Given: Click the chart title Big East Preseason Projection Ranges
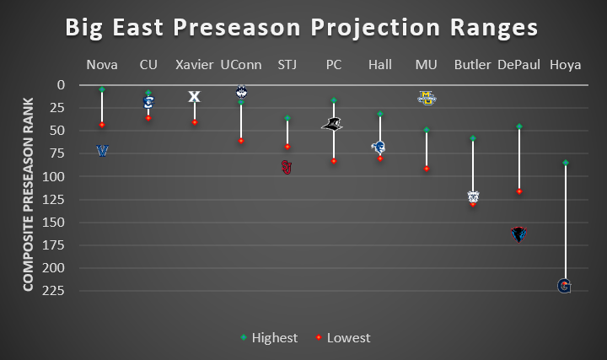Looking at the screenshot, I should (302, 28).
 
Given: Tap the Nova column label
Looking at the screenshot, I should (102, 65).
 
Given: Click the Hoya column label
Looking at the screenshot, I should (565, 65).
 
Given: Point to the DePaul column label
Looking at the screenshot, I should (518, 65).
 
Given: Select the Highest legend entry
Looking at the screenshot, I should (268, 337).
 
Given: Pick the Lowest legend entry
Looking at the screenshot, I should (343, 337).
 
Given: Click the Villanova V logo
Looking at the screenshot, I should (103, 151).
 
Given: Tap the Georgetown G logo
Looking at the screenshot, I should (565, 287).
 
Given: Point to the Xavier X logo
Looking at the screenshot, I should (195, 97).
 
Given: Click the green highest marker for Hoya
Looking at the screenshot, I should (565, 162).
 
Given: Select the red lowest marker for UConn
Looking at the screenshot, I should (241, 141).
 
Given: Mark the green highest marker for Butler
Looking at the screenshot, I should (473, 137).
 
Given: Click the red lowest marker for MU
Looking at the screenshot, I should (427, 169).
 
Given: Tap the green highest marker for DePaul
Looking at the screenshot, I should (518, 126).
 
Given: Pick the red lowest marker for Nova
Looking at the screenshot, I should (102, 125).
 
